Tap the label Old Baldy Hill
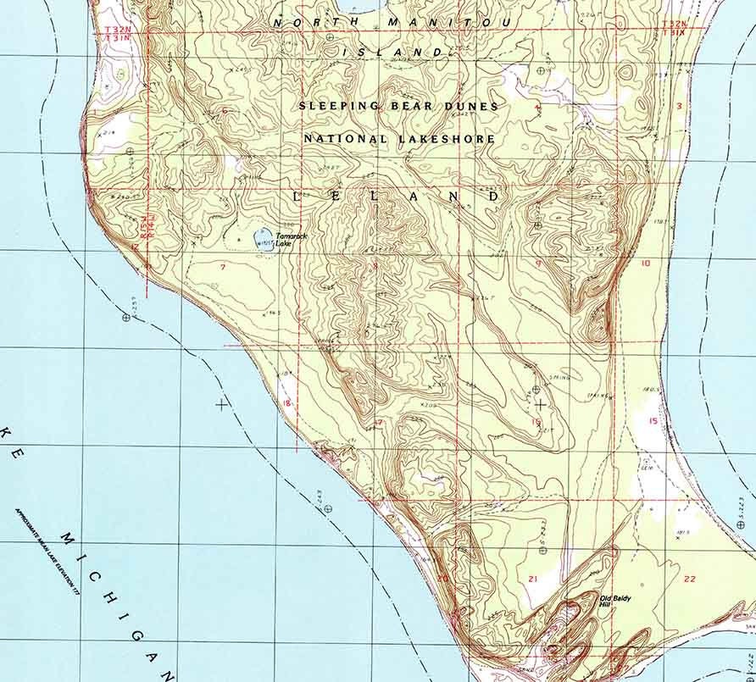click(616, 601)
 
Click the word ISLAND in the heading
click(392, 53)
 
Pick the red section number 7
click(222, 267)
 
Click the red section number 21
click(532, 579)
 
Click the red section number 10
click(645, 263)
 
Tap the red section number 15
click(653, 421)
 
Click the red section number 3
click(679, 105)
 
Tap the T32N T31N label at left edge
click(117, 34)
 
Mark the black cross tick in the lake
click(222, 404)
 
